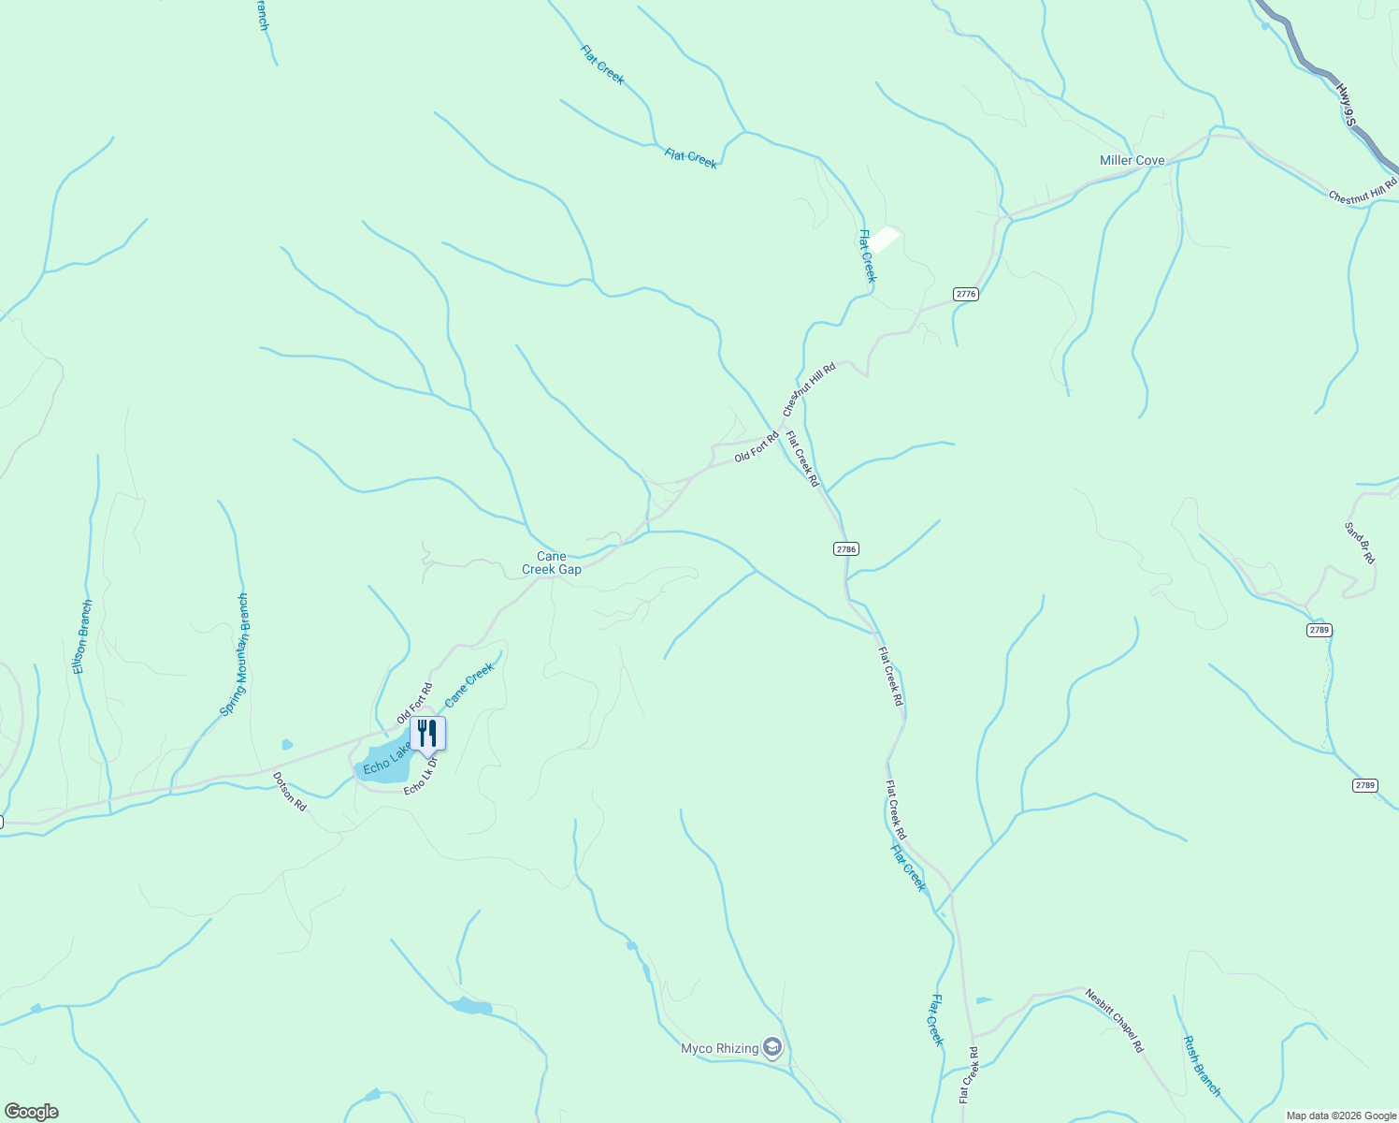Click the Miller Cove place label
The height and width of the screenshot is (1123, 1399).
1132,160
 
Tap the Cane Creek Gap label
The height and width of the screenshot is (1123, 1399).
552,562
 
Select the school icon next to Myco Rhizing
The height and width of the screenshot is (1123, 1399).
772,1047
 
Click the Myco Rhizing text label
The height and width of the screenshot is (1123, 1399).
719,1048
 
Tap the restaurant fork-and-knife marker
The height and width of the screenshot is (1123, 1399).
427,733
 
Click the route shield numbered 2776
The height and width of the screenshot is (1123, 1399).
966,294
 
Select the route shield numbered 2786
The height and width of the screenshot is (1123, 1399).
845,549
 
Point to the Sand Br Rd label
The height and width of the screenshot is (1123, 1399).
1360,543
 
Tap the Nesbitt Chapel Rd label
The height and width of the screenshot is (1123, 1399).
1115,1020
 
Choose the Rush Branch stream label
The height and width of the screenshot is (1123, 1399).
1202,1065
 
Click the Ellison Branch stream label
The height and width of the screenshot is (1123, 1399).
83,636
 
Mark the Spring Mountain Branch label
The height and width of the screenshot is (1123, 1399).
235,655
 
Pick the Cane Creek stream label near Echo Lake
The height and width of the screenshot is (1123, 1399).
469,686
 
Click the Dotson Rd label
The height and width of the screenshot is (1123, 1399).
289,791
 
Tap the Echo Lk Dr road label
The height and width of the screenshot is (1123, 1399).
421,776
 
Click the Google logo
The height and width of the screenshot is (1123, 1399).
31,1112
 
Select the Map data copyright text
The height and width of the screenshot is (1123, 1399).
1340,1116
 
